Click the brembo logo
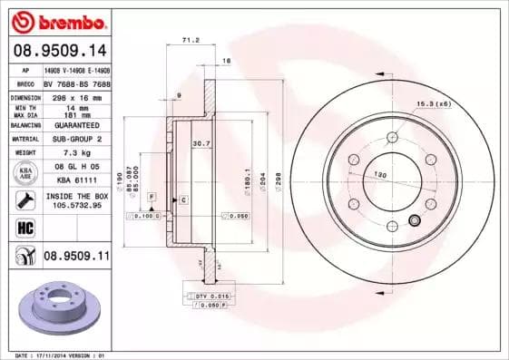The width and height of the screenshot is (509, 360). point(57,20)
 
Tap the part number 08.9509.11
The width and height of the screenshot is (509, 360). point(76,257)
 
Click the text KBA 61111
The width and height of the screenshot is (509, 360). point(76,181)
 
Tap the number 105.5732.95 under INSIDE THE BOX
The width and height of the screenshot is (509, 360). point(76,206)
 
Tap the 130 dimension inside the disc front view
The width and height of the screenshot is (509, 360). point(381,173)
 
